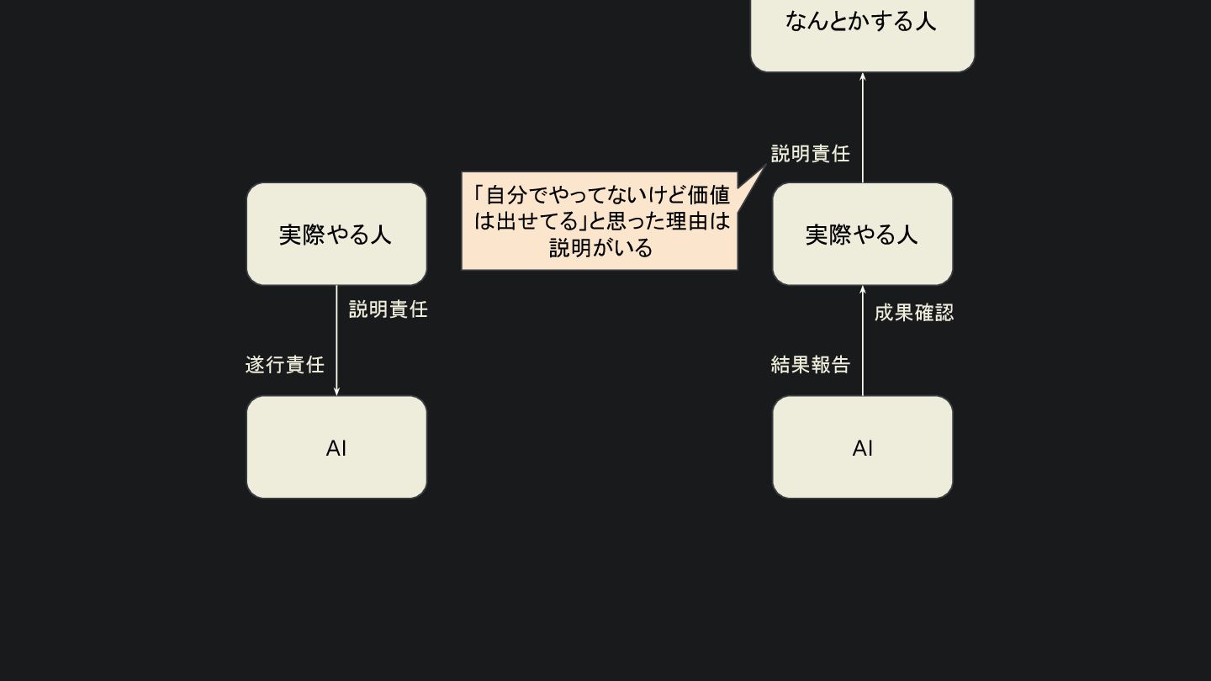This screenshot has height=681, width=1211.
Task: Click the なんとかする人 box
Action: coord(862,34)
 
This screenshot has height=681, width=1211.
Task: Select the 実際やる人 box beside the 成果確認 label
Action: coord(862,234)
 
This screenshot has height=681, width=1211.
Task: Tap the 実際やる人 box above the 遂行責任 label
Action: coord(336,234)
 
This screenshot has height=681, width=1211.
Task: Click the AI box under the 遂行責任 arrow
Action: coord(336,447)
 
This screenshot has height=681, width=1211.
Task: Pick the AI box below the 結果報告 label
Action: coord(862,447)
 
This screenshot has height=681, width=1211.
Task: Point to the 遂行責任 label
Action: coord(284,365)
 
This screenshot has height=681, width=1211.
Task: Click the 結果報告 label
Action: coord(811,365)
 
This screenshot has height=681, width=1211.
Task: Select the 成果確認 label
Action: coord(914,313)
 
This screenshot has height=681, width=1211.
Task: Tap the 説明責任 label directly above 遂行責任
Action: coord(389,309)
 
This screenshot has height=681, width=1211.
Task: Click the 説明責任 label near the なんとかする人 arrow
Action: coord(811,154)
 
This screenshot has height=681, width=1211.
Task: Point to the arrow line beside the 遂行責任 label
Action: coord(336,336)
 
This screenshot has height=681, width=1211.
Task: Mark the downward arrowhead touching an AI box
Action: coord(336,391)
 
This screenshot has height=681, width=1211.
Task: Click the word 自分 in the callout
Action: coord(506,195)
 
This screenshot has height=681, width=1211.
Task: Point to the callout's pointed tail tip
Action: coord(765,166)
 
